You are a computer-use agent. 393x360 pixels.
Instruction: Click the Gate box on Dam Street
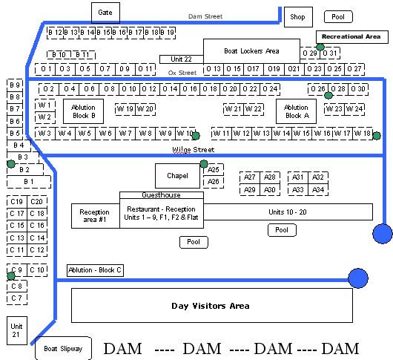(x=105, y=13)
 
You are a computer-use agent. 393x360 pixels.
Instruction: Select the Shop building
(x=298, y=17)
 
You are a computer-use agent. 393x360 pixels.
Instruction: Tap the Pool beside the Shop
(x=338, y=17)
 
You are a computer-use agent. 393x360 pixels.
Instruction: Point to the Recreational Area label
(x=352, y=37)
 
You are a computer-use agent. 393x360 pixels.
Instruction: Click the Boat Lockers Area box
(x=251, y=51)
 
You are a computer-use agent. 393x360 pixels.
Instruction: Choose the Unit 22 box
(x=182, y=59)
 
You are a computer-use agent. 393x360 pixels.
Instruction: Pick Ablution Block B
(x=84, y=111)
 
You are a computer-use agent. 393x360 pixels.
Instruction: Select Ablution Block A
(x=296, y=111)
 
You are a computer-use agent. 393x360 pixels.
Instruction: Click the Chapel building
(x=177, y=176)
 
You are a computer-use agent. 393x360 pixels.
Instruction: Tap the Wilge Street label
(x=194, y=150)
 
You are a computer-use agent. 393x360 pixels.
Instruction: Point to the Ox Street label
(x=182, y=73)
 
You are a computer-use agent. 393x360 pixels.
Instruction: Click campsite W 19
(x=125, y=109)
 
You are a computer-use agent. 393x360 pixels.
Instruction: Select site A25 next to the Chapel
(x=214, y=170)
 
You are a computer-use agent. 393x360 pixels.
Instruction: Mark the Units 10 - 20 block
(x=288, y=212)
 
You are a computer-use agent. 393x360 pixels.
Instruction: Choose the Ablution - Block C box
(x=95, y=270)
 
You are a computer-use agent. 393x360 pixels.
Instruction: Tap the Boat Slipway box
(x=63, y=348)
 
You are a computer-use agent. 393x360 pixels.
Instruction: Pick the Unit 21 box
(x=17, y=330)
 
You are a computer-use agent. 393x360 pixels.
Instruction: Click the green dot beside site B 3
(x=11, y=164)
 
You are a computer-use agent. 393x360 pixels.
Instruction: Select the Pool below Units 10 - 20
(x=282, y=230)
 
